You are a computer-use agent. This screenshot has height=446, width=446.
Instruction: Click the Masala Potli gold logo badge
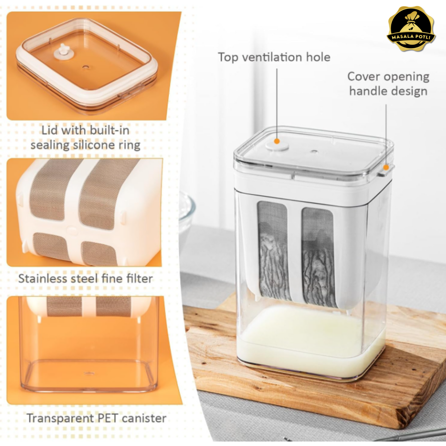point(411,29)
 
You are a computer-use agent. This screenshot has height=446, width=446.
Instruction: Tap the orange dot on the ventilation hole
point(277,141)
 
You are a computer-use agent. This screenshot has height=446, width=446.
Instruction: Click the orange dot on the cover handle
point(386,167)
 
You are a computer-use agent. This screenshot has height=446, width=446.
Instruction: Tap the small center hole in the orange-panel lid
point(85,67)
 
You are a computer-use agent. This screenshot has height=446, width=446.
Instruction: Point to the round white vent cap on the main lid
point(277,146)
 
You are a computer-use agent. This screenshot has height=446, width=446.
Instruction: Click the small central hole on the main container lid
point(314,152)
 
